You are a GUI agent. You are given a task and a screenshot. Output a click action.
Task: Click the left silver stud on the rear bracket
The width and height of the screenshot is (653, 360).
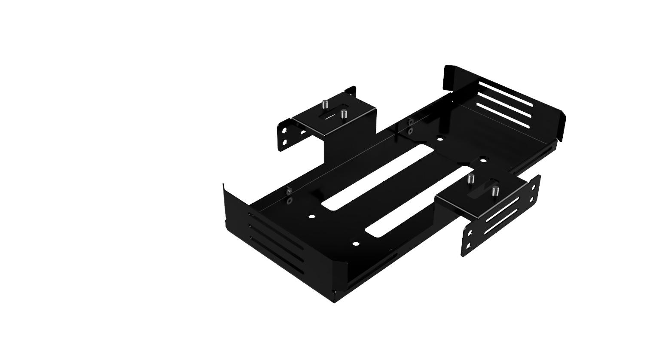[x=325, y=104]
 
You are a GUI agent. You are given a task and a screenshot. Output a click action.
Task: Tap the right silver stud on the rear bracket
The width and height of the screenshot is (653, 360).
[x=343, y=114]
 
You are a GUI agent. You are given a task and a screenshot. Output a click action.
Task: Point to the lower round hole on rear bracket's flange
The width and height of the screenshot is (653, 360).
[x=284, y=142]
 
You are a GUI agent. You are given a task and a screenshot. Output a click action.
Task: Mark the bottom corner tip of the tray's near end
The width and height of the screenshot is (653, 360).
[x=334, y=301]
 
